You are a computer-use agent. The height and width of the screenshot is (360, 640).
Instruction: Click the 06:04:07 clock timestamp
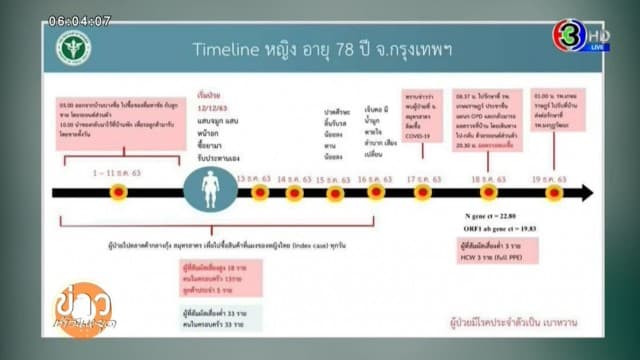79,20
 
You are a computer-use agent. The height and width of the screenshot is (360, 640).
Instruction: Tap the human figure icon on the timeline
210,192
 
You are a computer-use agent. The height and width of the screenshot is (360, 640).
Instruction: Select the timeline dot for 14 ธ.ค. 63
293,192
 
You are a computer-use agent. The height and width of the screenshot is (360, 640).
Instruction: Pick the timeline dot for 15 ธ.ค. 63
335,192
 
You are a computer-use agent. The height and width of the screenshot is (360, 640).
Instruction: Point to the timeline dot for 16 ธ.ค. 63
376,192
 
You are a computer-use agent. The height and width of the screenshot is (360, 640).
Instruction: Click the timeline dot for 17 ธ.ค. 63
422,192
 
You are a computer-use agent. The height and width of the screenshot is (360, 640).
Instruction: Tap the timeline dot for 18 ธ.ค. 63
488,192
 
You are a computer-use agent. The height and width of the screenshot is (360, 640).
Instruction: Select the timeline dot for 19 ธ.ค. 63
553,192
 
